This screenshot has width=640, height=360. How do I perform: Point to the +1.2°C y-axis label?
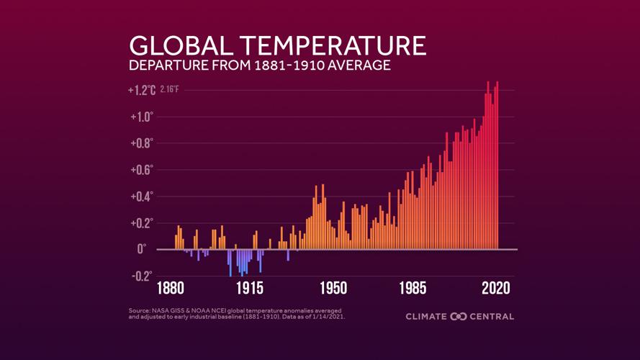point(142,91)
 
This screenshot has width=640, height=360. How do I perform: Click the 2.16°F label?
point(170,91)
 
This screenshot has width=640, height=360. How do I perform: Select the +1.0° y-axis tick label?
point(142,117)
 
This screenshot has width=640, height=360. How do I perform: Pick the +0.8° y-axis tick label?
point(142,143)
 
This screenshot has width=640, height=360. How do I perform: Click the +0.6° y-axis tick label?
point(142,170)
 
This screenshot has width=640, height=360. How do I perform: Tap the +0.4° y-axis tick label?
point(142,197)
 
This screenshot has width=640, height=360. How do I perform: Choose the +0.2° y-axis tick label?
point(142,223)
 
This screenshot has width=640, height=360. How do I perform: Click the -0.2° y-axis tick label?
point(142,276)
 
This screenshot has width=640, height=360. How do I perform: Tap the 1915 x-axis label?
point(249,289)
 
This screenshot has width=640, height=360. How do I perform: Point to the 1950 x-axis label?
point(333,289)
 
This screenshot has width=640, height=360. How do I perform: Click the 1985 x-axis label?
point(413,289)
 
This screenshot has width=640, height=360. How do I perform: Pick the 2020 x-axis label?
point(495,289)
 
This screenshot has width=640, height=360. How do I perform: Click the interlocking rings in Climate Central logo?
point(459,317)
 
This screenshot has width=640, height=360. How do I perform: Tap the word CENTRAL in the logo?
point(493,317)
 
